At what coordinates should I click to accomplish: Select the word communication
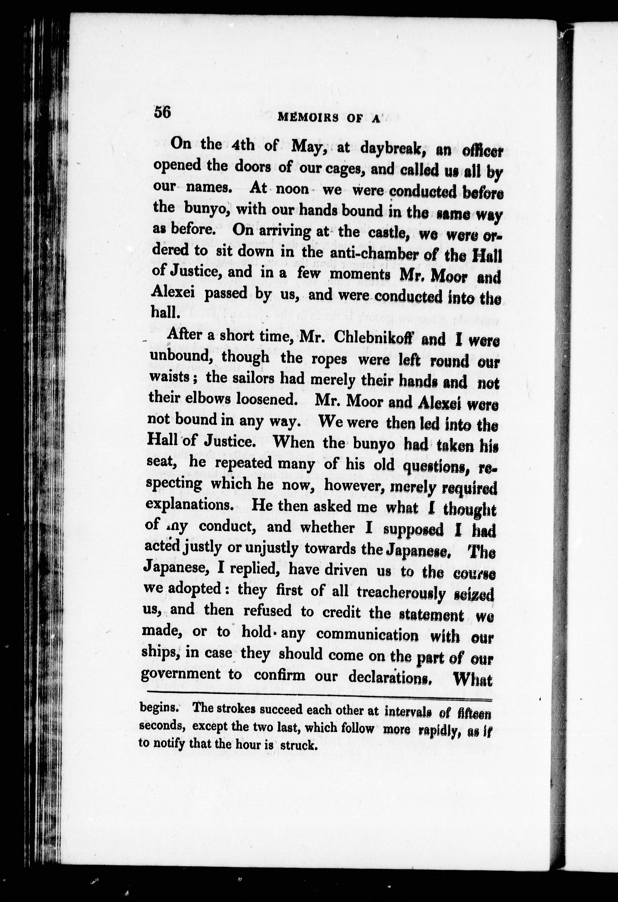click(367, 635)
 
